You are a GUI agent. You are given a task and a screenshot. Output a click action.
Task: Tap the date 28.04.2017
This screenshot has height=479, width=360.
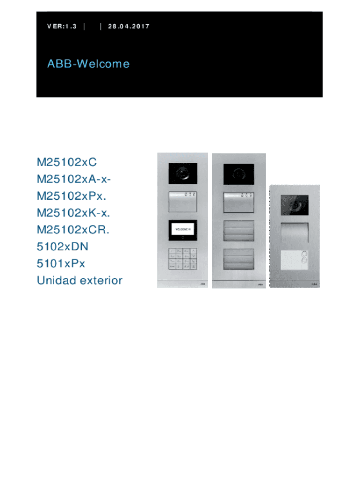[128, 26]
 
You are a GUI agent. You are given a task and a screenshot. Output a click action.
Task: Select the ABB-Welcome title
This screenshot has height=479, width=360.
[88, 64]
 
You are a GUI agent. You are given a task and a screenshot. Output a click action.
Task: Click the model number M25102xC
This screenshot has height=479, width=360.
[67, 162]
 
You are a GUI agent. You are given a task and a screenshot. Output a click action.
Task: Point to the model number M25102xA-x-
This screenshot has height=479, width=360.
[74, 179]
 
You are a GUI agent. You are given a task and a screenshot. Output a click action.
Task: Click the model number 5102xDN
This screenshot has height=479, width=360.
[62, 247]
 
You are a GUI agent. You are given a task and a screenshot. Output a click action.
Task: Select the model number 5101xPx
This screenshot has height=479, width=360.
[61, 263]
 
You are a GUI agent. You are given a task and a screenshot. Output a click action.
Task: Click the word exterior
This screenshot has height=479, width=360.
[101, 281]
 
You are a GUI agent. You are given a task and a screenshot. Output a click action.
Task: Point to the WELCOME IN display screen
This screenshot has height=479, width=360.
[182, 229]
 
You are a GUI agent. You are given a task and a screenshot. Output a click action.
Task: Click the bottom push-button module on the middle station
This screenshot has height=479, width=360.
[239, 259]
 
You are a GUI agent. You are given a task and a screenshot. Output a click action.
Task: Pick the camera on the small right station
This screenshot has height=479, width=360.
[295, 204]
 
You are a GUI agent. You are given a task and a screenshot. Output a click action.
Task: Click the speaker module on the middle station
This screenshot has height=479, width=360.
[239, 203]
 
